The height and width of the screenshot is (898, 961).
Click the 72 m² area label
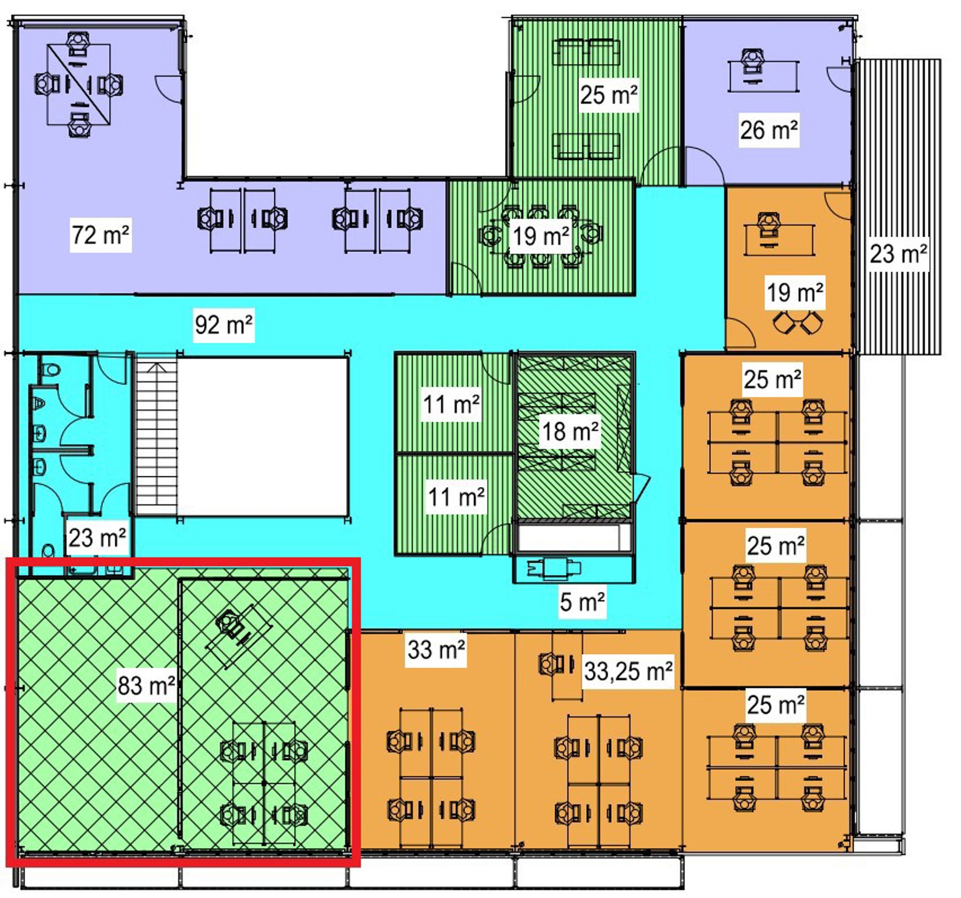[100, 235]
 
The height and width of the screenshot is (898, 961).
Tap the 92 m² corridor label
[223, 324]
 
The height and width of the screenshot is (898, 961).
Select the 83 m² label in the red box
[146, 685]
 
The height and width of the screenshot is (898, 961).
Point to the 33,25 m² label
[628, 671]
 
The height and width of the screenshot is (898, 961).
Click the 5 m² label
[582, 602]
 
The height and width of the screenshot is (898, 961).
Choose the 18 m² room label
[570, 431]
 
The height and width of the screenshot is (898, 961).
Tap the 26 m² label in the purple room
[769, 130]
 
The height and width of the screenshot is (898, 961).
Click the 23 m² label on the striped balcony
[898, 253]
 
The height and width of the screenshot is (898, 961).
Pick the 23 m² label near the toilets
[97, 537]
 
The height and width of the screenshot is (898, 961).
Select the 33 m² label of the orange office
[436, 650]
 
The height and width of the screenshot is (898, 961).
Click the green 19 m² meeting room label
[541, 236]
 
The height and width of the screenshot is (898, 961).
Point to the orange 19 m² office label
[795, 292]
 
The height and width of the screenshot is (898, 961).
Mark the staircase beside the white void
[156, 436]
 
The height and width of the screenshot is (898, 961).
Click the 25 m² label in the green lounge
[609, 95]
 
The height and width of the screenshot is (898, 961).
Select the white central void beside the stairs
[263, 436]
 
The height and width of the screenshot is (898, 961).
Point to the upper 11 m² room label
[451, 403]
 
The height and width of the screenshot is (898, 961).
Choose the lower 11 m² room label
[456, 497]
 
